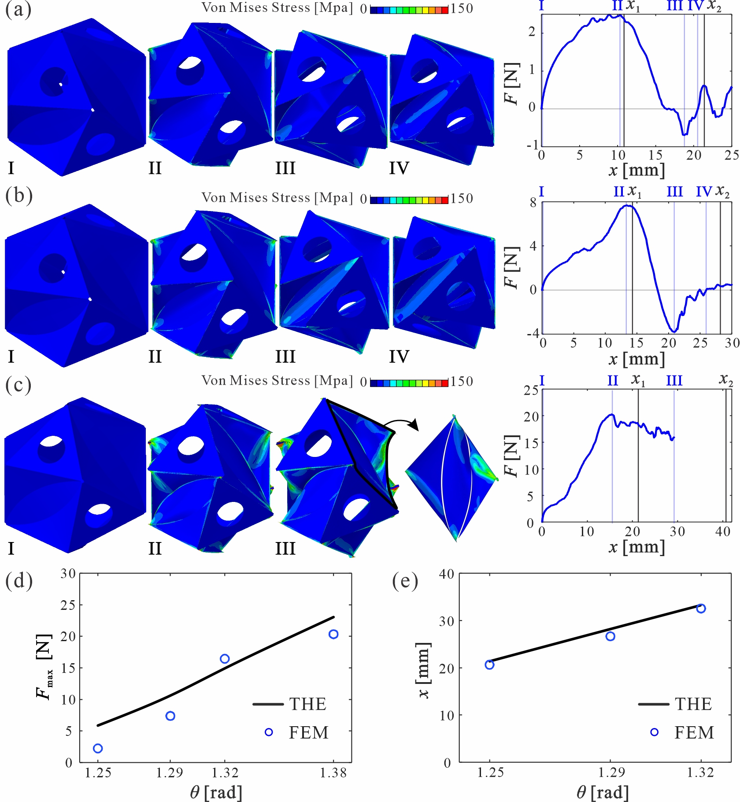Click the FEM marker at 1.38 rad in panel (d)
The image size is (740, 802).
point(333,634)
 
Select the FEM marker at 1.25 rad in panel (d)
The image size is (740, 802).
point(98,748)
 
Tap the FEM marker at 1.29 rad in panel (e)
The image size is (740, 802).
point(610,636)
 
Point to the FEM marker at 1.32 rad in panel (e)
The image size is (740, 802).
point(701,609)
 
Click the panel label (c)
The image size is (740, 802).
point(18,385)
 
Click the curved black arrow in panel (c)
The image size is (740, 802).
point(401,424)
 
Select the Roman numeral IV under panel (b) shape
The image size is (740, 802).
point(399,356)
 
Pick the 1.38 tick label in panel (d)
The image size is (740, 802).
point(333,773)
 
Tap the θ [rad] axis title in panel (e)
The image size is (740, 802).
point(602,793)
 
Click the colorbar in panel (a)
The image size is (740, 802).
point(409,9)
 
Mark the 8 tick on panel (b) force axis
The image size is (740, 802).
point(533,203)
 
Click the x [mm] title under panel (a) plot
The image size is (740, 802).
point(636,170)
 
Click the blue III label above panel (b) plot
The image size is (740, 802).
point(674,192)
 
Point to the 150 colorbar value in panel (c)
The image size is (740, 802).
point(462,382)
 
